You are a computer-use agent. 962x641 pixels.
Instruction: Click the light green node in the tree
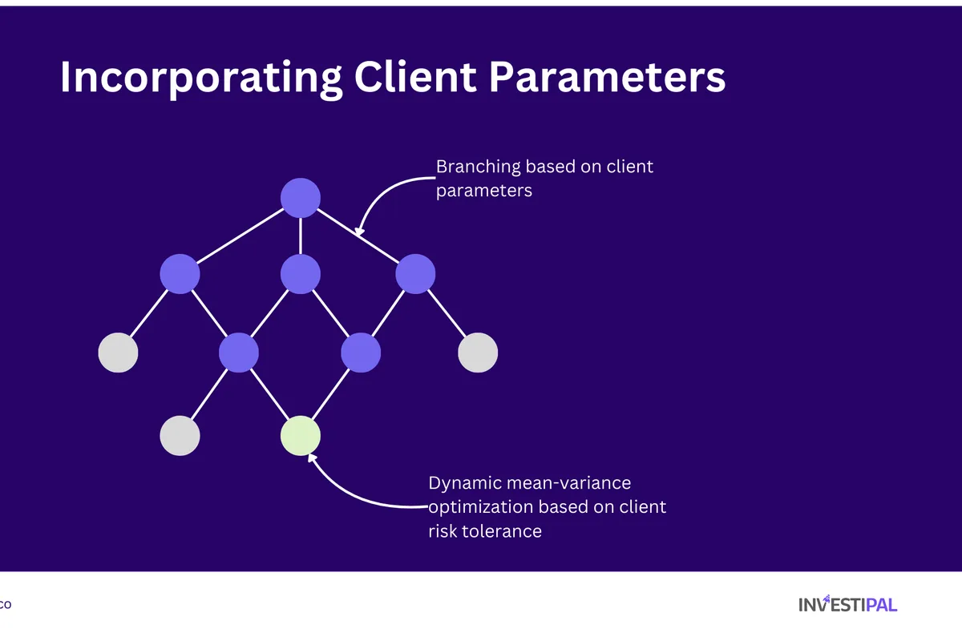tap(301, 436)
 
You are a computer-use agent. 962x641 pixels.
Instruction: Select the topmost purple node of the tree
tap(301, 198)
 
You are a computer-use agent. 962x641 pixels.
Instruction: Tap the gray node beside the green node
tap(180, 436)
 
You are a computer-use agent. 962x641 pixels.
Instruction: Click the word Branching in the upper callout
tap(478, 167)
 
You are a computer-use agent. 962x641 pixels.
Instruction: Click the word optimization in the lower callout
tap(480, 507)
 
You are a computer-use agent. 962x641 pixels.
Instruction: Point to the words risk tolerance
tap(485, 531)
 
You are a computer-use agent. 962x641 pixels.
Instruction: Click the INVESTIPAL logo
tap(847, 604)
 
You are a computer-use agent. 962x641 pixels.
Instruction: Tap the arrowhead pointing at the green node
tap(313, 459)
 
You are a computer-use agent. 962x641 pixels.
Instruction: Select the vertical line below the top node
tap(301, 236)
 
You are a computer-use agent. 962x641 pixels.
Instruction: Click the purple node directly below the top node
tap(301, 274)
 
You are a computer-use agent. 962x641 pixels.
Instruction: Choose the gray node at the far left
tap(119, 353)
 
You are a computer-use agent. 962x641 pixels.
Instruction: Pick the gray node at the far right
tap(478, 353)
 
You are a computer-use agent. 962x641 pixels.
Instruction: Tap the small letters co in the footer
tap(5, 605)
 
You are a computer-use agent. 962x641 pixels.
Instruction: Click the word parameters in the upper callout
tap(483, 191)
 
